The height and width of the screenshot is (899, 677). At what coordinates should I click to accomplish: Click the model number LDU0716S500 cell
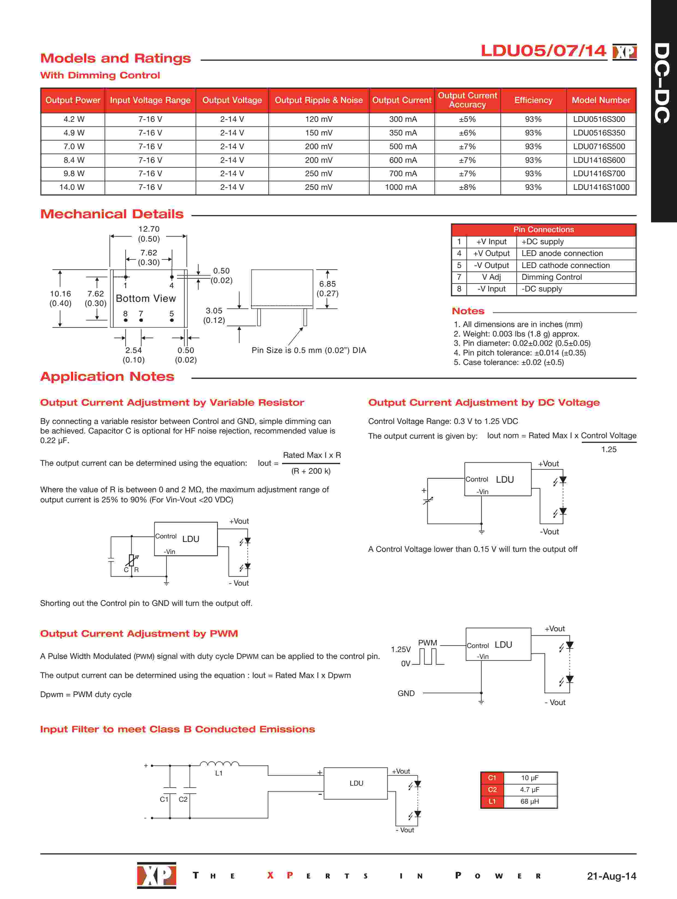tap(599, 146)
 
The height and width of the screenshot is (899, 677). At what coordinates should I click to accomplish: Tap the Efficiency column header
tap(533, 100)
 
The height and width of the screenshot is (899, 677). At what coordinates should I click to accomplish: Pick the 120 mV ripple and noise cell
tap(319, 119)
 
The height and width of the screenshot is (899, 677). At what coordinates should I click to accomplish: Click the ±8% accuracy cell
tap(467, 187)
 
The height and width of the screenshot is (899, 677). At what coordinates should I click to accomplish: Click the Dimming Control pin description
tap(551, 277)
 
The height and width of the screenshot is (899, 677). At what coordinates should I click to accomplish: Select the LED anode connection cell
tap(562, 253)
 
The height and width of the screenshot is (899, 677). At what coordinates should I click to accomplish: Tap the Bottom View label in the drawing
tap(146, 298)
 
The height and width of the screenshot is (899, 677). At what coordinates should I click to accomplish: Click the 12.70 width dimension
tap(149, 229)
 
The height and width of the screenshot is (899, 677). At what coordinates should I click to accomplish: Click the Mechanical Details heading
tap(112, 214)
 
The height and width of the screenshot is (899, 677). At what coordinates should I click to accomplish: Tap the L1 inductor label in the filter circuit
tap(219, 773)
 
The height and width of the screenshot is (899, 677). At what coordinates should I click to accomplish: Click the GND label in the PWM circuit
tap(406, 693)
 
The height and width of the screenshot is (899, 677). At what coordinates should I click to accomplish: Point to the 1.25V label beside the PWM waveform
tap(401, 649)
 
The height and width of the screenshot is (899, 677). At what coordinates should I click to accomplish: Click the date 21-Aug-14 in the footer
tap(611, 876)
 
